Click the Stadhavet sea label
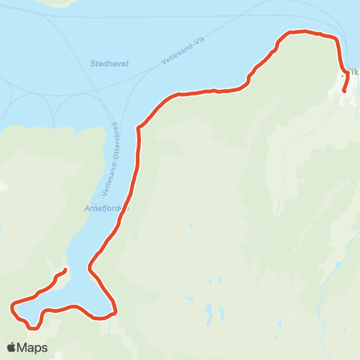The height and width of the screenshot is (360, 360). point(109,64)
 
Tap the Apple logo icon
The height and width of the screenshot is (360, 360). point(12,347)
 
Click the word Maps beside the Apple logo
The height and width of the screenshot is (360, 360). point(33,347)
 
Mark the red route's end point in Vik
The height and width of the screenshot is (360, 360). point(344,91)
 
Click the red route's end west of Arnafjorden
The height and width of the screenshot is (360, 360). point(66,270)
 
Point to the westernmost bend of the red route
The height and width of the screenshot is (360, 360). point(12,306)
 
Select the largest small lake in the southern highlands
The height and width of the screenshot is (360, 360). point(207,310)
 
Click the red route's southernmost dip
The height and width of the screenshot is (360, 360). point(32,327)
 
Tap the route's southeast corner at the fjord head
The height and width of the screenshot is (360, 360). point(115,309)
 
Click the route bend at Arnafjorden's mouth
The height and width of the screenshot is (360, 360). point(139,127)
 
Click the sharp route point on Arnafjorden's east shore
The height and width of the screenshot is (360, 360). point(90,266)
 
